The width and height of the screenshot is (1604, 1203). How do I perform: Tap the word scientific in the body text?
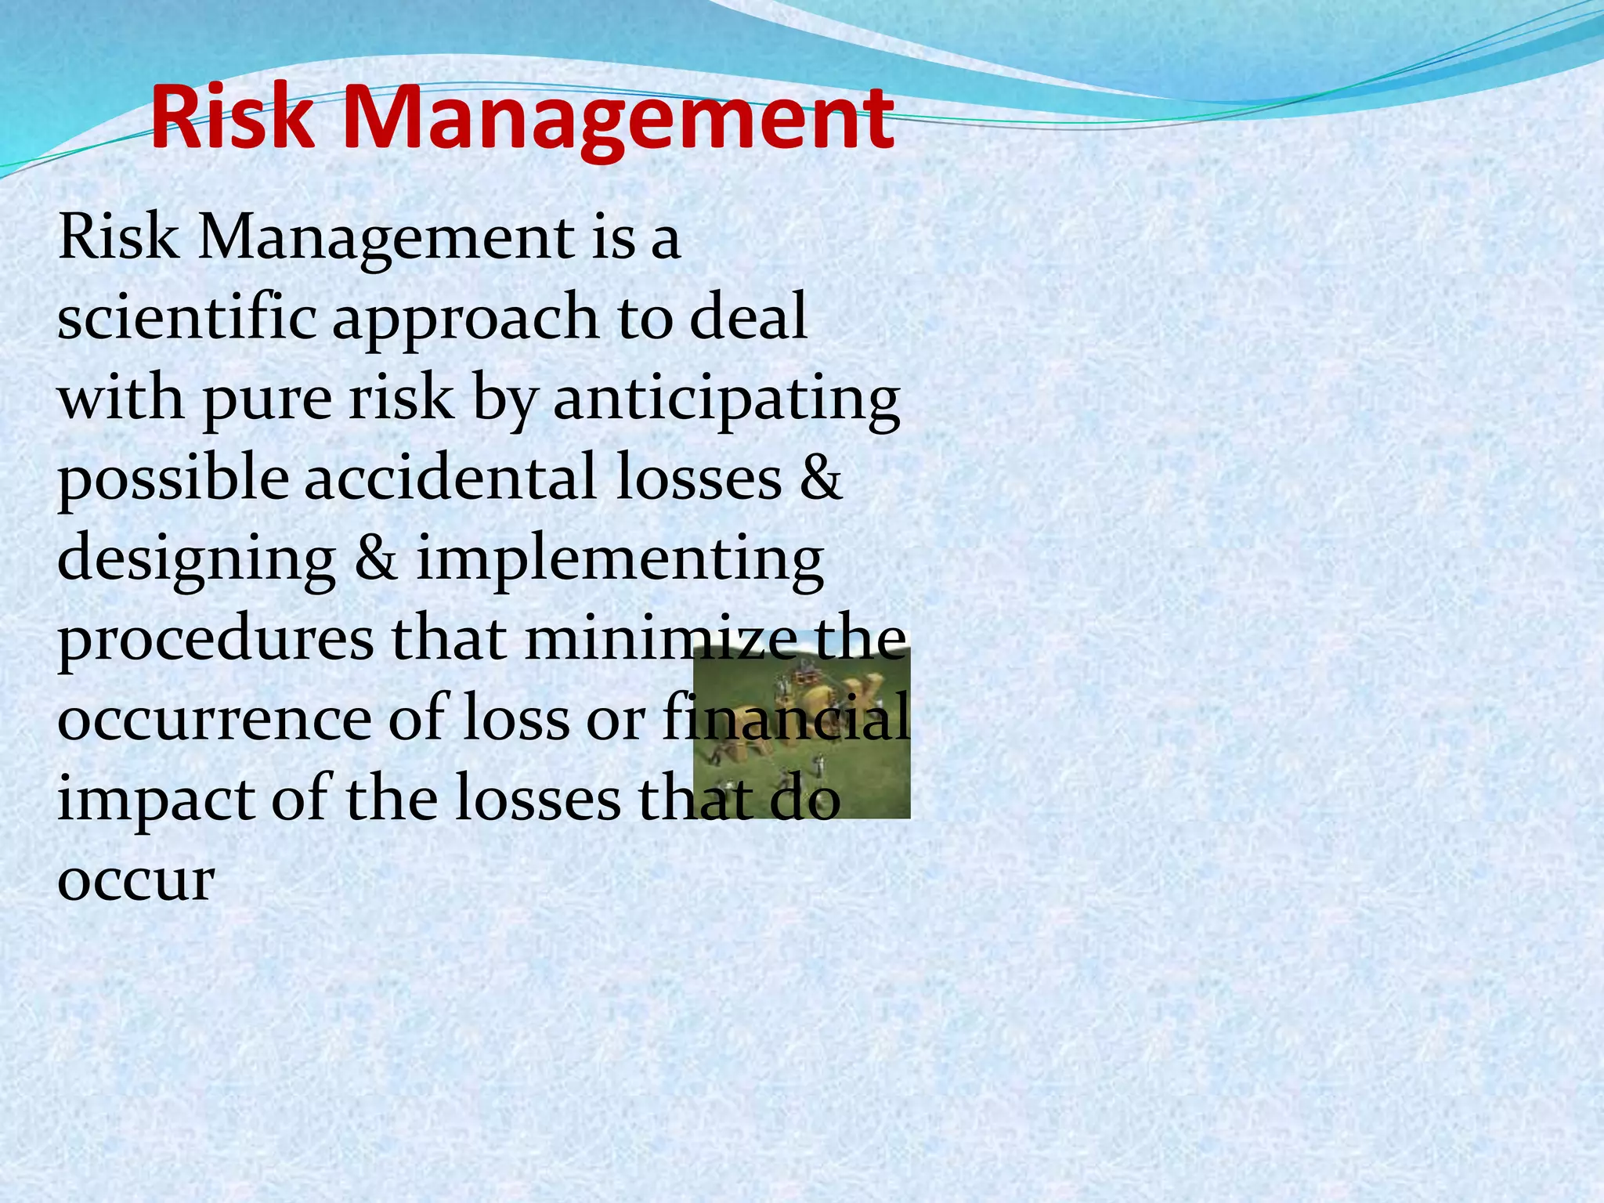[x=186, y=317]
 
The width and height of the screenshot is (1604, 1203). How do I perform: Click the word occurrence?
[x=214, y=719]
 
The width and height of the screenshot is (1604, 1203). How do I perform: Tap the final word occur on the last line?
[x=135, y=880]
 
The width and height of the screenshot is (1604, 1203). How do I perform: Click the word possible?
[x=172, y=479]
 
